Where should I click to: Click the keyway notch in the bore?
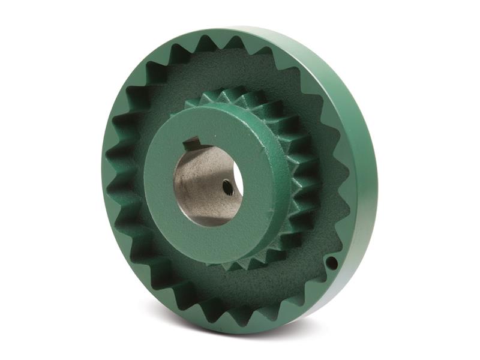[192, 144]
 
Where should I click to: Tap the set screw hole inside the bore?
[227, 188]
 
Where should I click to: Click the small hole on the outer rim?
[331, 262]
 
